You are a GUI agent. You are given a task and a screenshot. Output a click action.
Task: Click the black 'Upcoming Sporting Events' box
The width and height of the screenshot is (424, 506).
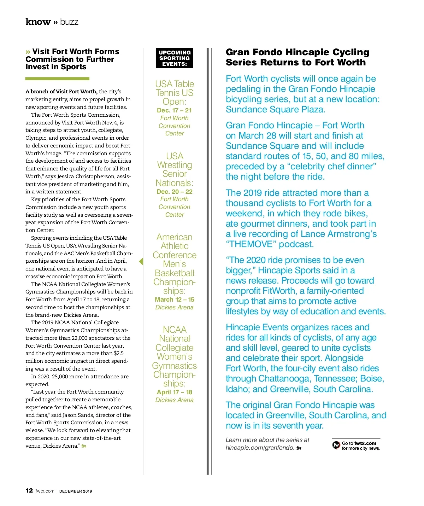(x=175, y=58)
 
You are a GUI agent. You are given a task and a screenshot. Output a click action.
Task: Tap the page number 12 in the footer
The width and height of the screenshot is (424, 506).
(x=29, y=490)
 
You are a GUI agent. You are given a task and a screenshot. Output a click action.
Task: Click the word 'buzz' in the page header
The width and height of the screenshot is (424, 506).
(x=69, y=22)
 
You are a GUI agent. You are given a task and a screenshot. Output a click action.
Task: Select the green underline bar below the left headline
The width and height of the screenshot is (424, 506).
(x=57, y=78)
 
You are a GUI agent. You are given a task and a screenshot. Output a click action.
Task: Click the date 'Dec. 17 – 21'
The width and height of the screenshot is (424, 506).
(x=175, y=110)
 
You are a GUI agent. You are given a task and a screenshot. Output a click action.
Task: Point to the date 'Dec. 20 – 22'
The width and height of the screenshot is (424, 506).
(x=175, y=192)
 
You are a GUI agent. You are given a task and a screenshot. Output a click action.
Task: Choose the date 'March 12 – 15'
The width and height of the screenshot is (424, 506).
(x=175, y=299)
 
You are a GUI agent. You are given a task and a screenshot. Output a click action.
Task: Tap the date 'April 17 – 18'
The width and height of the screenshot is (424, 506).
(x=175, y=392)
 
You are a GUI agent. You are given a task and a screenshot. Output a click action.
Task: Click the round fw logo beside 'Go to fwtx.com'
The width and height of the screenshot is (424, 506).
(x=336, y=445)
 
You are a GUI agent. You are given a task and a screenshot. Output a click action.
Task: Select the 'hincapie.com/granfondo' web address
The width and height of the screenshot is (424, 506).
(x=260, y=448)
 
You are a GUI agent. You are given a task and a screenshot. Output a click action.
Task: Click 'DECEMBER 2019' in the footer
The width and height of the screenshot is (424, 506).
(x=76, y=491)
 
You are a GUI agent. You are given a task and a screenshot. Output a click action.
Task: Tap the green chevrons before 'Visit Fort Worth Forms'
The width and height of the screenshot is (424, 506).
(x=28, y=52)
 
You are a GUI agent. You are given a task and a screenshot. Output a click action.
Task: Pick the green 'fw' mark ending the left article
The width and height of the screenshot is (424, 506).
(x=84, y=446)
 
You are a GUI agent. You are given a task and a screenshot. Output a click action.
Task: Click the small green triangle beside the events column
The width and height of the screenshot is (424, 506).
(x=141, y=262)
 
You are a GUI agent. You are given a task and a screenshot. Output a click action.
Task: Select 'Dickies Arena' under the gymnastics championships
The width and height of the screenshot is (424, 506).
(x=175, y=400)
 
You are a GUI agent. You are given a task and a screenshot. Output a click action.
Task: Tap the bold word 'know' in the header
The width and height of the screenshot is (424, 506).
(x=38, y=22)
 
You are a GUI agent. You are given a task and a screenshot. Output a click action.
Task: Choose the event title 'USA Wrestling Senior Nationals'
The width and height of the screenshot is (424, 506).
(x=175, y=170)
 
